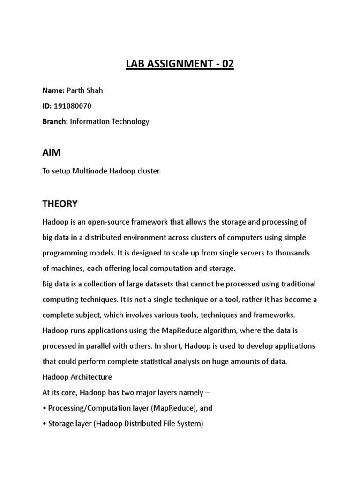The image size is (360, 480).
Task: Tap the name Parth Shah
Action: coord(84,90)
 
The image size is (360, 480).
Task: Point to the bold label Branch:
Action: coord(55,121)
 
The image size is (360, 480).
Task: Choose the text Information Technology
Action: coord(110,121)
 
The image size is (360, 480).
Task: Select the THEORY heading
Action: coord(60,204)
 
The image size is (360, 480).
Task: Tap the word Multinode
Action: coord(90,172)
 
